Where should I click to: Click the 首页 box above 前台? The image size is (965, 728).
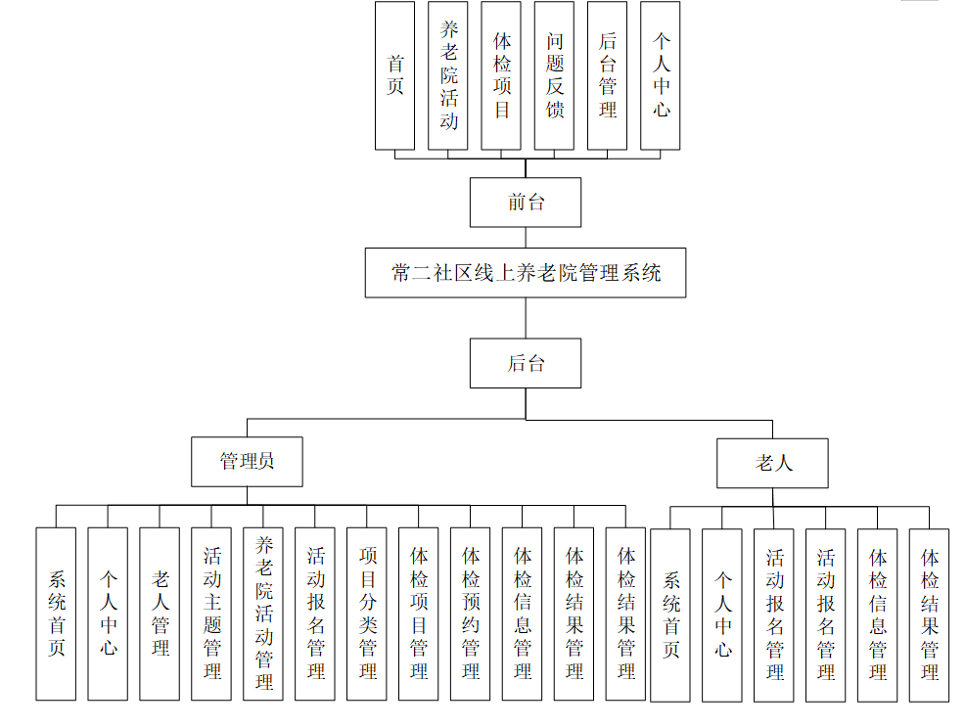pyautogui.click(x=394, y=75)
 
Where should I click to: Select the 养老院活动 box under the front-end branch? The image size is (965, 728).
pyautogui.click(x=448, y=75)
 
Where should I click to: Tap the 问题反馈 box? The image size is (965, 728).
pyautogui.click(x=555, y=75)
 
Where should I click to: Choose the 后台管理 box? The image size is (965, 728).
pyautogui.click(x=608, y=75)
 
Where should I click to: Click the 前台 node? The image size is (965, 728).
pyautogui.click(x=526, y=203)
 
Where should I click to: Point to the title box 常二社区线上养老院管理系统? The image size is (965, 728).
pyautogui.click(x=526, y=273)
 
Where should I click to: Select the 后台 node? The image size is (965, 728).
pyautogui.click(x=526, y=364)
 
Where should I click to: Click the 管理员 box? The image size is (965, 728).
pyautogui.click(x=247, y=461)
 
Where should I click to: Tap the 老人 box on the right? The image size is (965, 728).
pyautogui.click(x=772, y=463)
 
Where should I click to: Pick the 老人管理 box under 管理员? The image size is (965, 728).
pyautogui.click(x=160, y=614)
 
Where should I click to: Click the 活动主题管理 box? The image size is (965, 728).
pyautogui.click(x=211, y=614)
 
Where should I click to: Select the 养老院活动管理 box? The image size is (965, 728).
pyautogui.click(x=263, y=614)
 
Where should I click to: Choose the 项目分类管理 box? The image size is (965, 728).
pyautogui.click(x=367, y=614)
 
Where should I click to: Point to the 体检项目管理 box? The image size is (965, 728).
pyautogui.click(x=419, y=614)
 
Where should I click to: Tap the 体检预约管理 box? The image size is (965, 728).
pyautogui.click(x=471, y=614)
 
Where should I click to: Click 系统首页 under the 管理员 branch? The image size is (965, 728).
pyautogui.click(x=56, y=614)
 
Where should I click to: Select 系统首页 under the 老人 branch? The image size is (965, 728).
pyautogui.click(x=670, y=614)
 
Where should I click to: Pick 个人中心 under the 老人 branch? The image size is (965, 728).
pyautogui.click(x=722, y=614)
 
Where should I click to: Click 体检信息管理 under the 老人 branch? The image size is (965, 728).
pyautogui.click(x=877, y=614)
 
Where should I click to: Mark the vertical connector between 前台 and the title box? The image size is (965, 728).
pyautogui.click(x=526, y=238)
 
